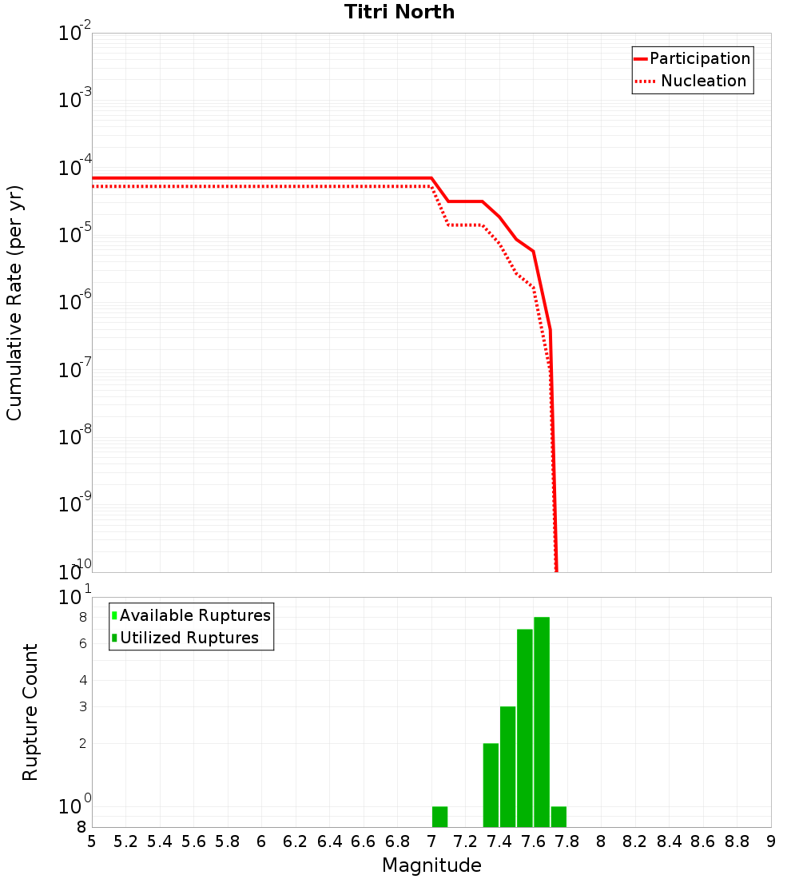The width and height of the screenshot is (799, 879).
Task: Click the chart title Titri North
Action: coord(399,12)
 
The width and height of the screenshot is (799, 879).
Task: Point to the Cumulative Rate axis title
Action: coord(14,302)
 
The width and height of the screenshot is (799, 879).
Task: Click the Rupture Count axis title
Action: coord(30,712)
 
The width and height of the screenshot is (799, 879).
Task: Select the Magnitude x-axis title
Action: coord(431,865)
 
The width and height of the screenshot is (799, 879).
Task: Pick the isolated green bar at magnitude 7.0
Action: coord(439,817)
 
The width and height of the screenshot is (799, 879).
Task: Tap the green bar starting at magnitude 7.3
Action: coord(491,785)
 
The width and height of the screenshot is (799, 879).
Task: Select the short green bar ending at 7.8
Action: coord(559,817)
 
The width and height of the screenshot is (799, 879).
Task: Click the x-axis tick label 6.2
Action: coord(296,841)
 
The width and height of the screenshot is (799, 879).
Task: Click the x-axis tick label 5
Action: coord(92,841)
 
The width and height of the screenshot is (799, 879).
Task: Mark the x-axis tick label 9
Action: coord(771,841)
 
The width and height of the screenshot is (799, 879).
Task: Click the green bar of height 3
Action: coord(507,766)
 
